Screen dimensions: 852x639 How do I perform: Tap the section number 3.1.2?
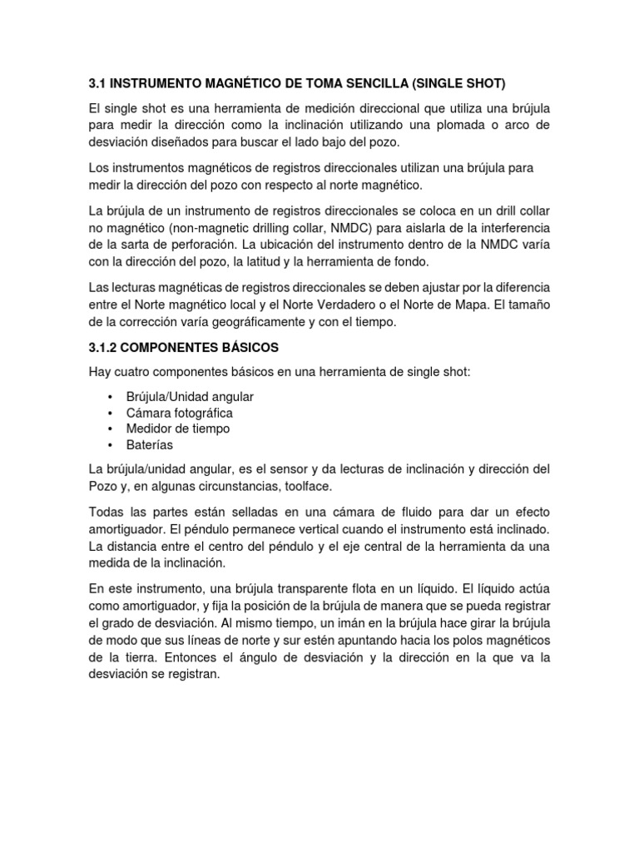tap(105, 345)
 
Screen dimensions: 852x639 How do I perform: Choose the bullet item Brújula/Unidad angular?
tap(190, 397)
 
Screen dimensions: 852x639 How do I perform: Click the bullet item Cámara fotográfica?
tap(179, 413)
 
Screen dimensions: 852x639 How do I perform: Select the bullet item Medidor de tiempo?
tap(177, 428)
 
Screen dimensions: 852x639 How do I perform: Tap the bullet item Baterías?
tap(149, 445)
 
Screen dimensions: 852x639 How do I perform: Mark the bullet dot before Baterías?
tap(110, 445)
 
